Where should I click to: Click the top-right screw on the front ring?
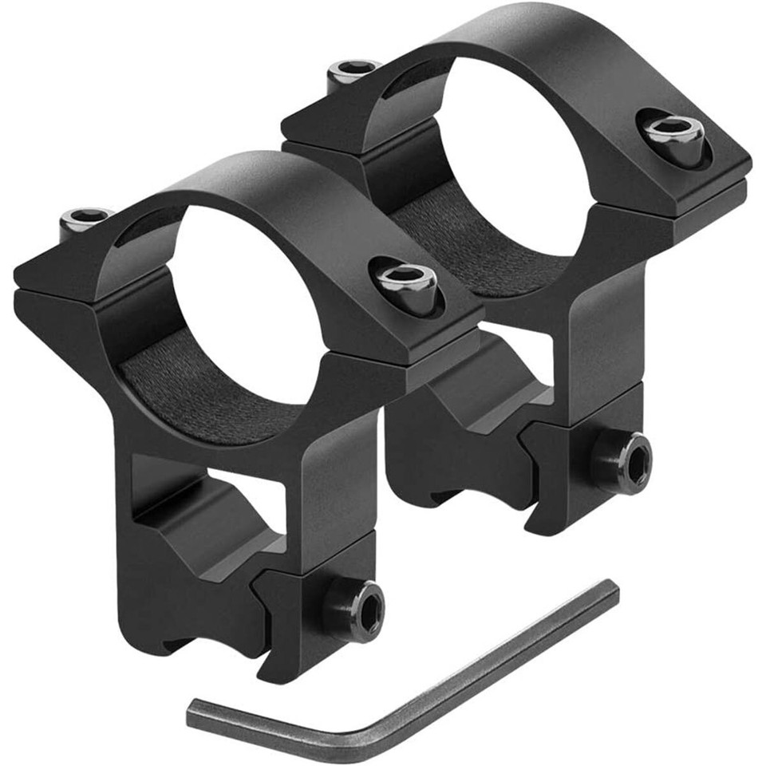406,281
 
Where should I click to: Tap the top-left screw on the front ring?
87,218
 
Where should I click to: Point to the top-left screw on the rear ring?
353,70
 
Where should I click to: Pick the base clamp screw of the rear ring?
622,461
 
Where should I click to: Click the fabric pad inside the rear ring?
471,239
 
